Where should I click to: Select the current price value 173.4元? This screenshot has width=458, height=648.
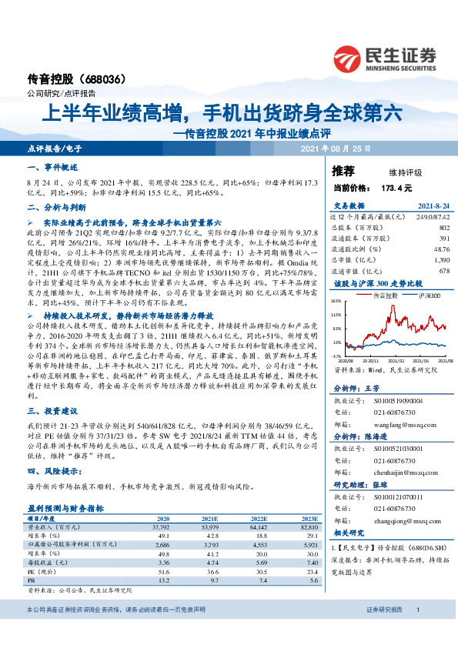pos(396,187)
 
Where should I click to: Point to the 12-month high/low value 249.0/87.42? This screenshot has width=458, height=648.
pos(432,219)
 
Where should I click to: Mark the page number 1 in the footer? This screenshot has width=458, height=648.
pos(416,631)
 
